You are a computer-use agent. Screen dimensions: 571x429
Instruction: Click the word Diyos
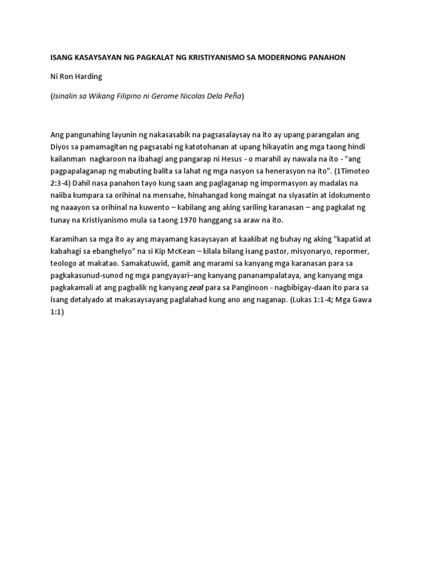coord(61,146)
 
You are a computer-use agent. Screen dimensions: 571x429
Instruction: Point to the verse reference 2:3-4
coord(62,183)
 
